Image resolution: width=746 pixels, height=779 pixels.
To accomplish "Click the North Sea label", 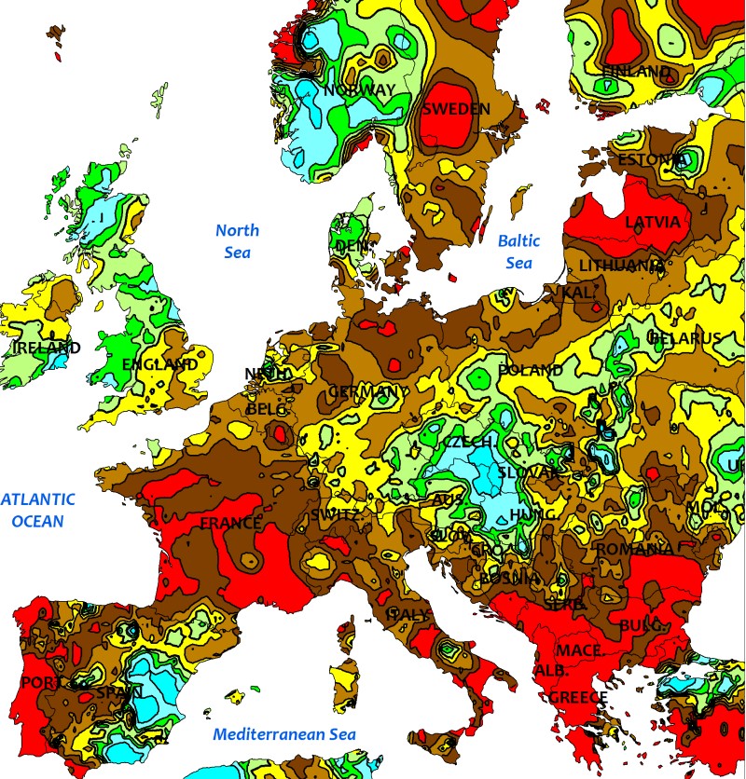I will pos(238,241).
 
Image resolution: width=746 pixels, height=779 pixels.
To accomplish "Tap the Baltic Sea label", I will pos(518,252).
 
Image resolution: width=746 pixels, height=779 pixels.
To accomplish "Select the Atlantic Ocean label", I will pos(37,510).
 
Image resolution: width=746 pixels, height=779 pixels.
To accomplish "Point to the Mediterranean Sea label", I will pos(284,733).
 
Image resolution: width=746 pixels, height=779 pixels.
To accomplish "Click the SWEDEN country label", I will pos(456,109).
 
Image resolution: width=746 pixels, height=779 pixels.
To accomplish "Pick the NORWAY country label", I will pos(360,90).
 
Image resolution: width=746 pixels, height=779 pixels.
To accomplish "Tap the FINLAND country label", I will pos(637,72).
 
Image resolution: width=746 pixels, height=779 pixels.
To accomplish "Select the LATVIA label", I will pos(653,222).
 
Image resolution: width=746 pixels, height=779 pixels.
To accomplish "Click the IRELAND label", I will pos(47,348).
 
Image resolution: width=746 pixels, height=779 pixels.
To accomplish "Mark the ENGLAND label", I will pos(159,364).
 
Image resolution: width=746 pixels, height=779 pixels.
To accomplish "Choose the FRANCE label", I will pos(230,523).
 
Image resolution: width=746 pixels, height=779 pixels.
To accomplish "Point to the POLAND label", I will pos(531,370).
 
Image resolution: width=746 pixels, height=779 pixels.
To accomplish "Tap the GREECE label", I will pos(577,697).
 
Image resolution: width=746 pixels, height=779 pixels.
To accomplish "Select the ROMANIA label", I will pos(633,549).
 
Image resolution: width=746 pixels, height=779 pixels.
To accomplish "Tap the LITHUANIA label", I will pos(621,266).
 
